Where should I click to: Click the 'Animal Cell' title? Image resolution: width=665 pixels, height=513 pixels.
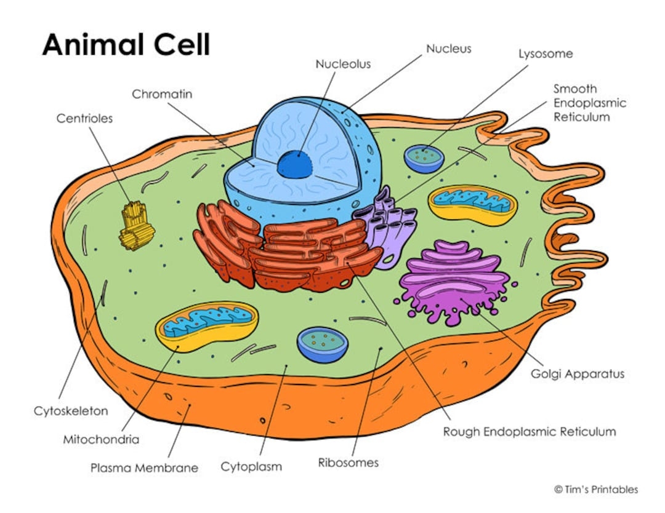126,45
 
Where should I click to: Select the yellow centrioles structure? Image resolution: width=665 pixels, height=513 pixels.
136,225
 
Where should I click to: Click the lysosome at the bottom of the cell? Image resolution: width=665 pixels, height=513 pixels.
323,344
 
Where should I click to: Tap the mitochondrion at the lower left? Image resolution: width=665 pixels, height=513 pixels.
206,325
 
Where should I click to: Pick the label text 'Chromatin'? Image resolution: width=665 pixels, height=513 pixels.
162,94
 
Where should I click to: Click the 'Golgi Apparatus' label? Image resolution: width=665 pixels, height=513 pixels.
577,373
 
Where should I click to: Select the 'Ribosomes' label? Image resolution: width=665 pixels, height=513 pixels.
348,462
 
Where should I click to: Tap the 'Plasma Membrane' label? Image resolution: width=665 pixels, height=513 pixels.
144,467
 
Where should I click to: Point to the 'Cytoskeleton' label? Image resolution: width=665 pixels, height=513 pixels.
71,410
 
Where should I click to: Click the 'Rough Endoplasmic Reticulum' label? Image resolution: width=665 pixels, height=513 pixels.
529,431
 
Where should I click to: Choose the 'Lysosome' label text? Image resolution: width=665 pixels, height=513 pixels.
545,54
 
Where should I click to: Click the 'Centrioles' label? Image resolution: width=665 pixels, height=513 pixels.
84,118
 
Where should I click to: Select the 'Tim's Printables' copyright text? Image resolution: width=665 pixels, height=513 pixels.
595,490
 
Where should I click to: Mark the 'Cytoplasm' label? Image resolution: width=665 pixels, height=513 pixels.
251,466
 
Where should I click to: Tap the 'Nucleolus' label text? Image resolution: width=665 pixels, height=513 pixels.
343,63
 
